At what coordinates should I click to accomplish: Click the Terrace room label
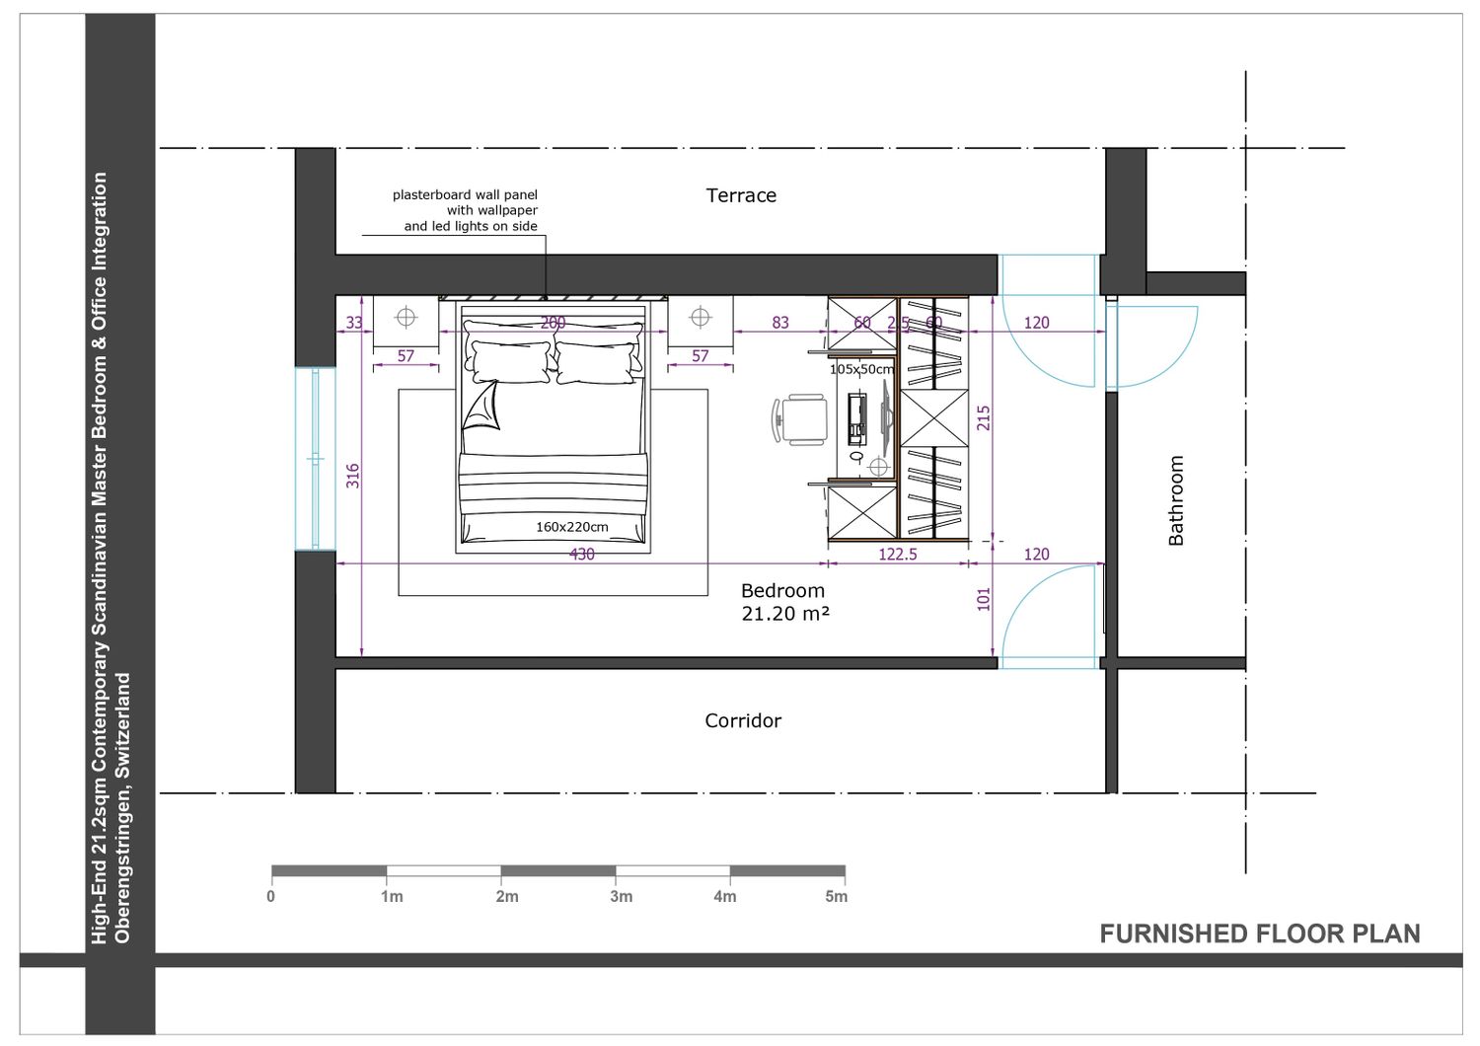pyautogui.click(x=741, y=195)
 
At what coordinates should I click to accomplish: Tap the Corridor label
pyautogui.click(x=743, y=720)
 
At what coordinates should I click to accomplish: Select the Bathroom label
pyautogui.click(x=1176, y=500)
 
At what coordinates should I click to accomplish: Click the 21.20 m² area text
pyautogui.click(x=785, y=614)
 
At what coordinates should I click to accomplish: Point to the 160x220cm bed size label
pyautogui.click(x=571, y=527)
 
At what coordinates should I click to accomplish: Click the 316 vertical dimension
pyautogui.click(x=353, y=476)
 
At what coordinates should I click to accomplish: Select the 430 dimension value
pyautogui.click(x=581, y=554)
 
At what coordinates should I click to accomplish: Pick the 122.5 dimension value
pyautogui.click(x=897, y=554)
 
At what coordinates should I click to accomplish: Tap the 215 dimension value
pyautogui.click(x=983, y=417)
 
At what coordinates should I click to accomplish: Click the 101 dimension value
pyautogui.click(x=983, y=599)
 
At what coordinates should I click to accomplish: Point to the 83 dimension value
pyautogui.click(x=780, y=323)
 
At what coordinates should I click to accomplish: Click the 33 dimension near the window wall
pyautogui.click(x=354, y=323)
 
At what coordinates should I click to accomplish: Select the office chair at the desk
pyautogui.click(x=799, y=419)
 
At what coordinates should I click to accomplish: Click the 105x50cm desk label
pyautogui.click(x=861, y=369)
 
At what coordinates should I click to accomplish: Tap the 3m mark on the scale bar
pyautogui.click(x=621, y=897)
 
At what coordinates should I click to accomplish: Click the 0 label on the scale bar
pyautogui.click(x=271, y=897)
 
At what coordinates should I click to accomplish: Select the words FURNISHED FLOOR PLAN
pyautogui.click(x=1259, y=934)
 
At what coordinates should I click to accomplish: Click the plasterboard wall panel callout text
pyautogui.click(x=465, y=210)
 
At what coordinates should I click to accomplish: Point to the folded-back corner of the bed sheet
pyautogui.click(x=481, y=406)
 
